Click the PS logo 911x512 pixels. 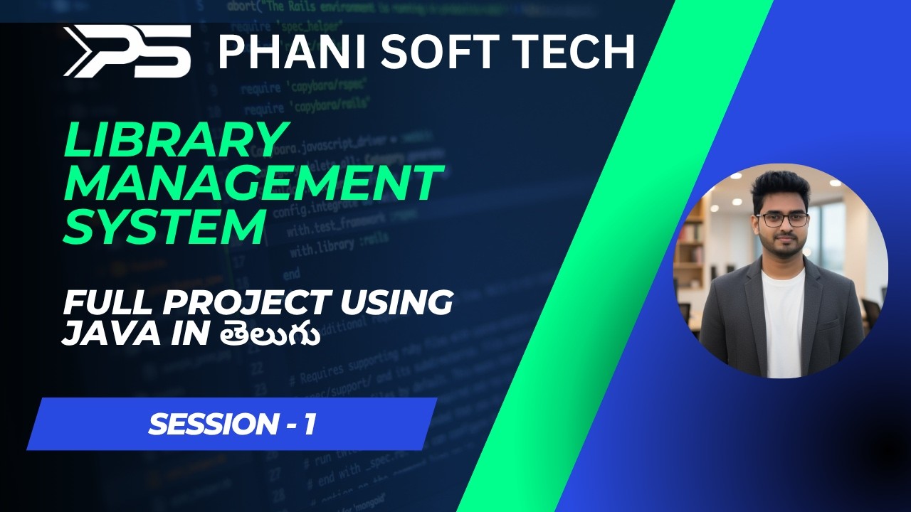(127, 51)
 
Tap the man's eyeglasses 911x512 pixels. (782, 220)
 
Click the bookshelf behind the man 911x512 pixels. (690, 242)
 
